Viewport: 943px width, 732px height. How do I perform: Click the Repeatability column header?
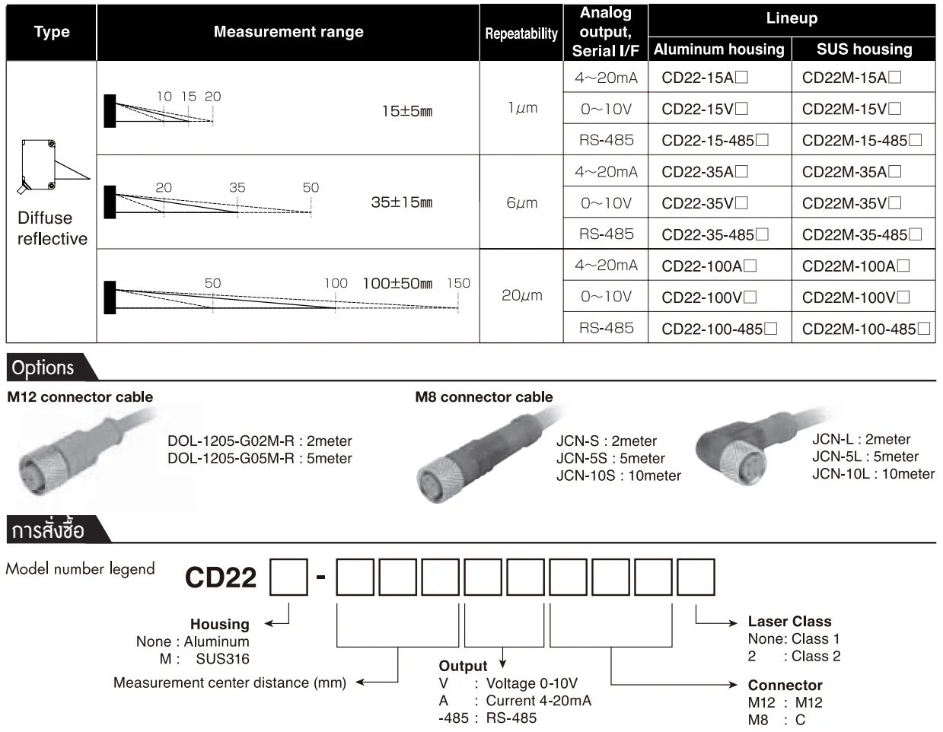521,33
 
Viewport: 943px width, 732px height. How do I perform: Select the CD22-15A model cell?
704,78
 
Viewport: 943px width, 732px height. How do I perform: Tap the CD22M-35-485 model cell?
862,234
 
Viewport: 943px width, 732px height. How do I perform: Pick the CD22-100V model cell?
709,298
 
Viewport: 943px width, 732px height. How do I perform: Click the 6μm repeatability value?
521,203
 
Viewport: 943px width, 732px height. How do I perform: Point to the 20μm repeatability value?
521,295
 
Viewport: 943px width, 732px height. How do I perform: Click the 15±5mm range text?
407,111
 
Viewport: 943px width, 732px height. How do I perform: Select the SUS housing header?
864,49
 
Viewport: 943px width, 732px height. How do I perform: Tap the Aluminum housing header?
719,49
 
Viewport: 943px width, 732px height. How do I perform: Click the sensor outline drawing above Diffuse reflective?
51,166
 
